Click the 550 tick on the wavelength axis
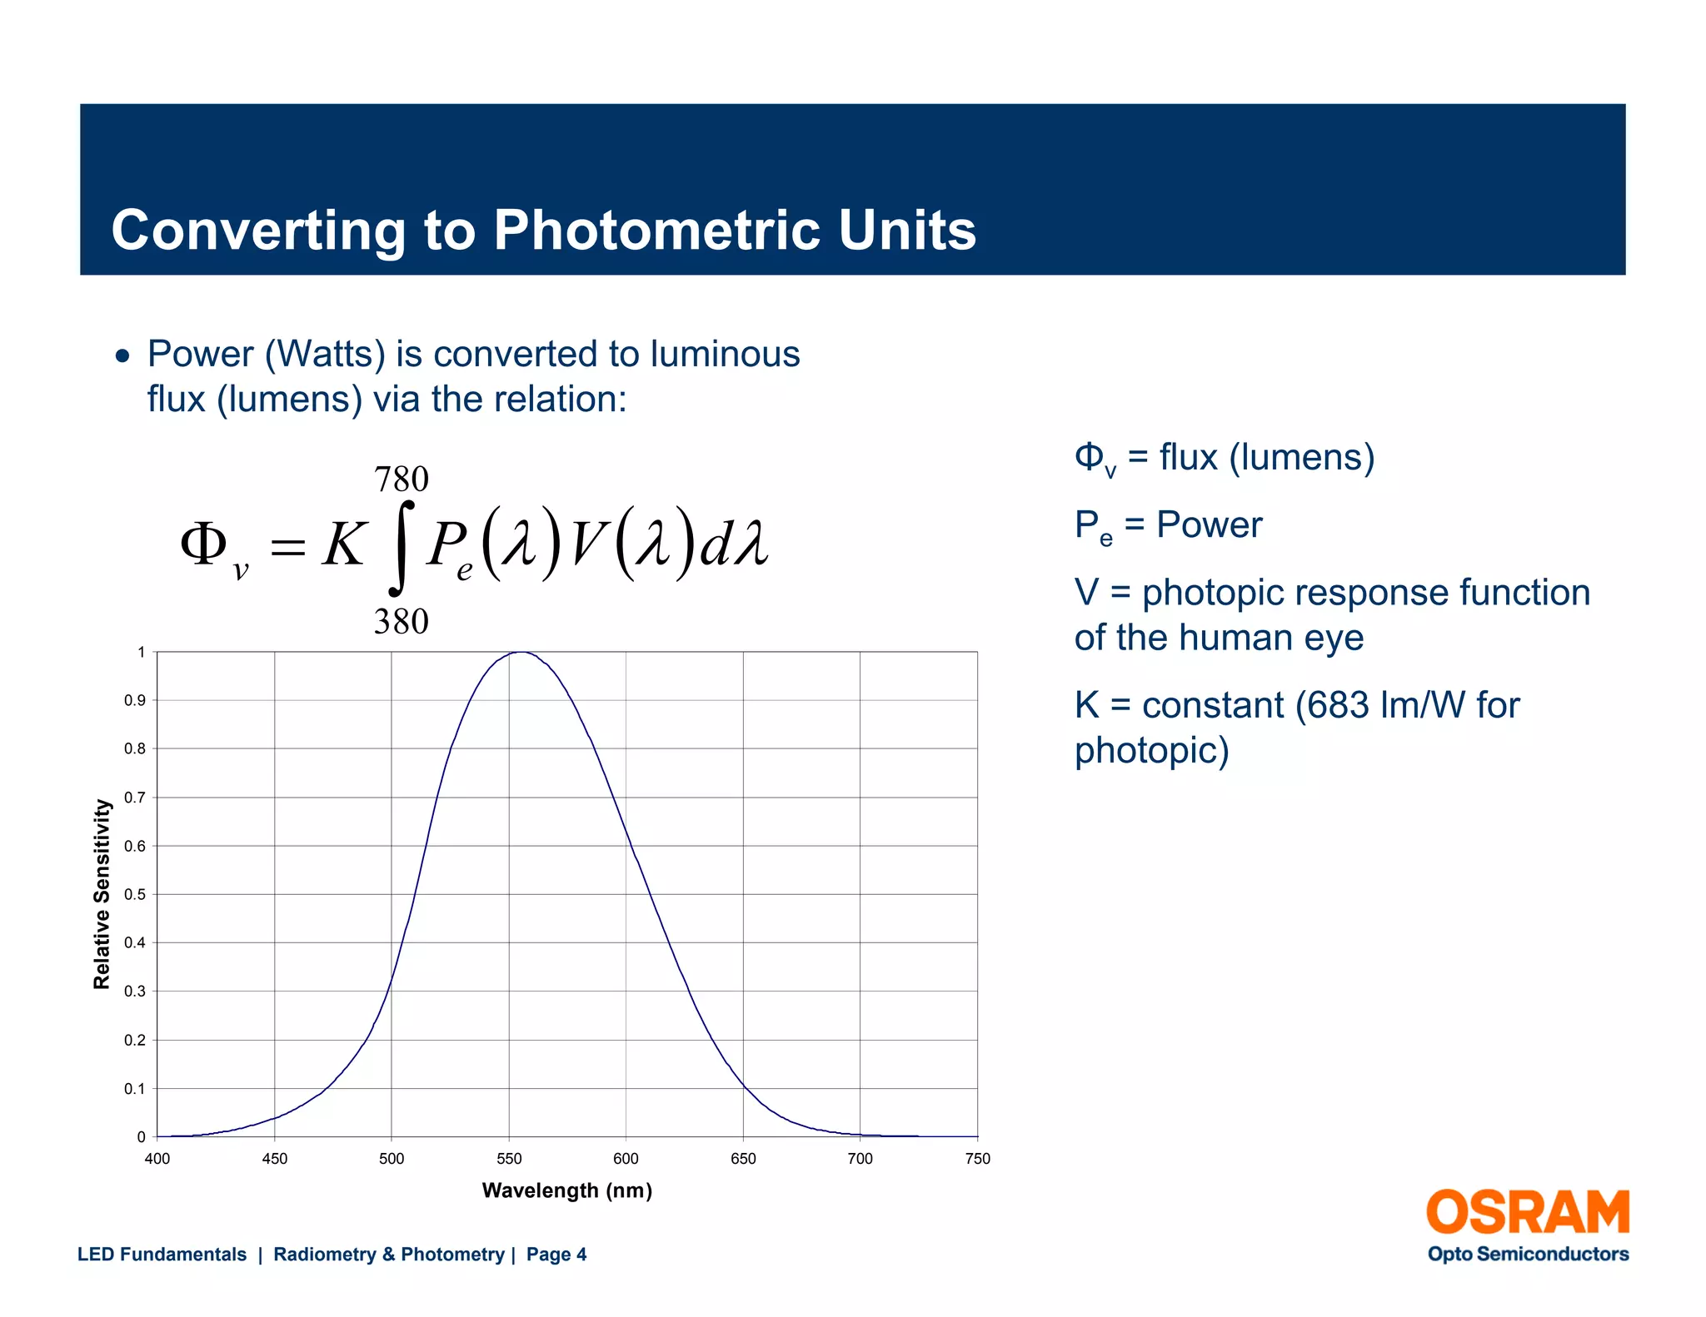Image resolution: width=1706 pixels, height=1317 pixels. coord(509,1159)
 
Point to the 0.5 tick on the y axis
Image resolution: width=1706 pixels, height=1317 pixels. coord(134,895)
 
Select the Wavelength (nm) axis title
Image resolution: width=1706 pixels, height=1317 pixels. coord(567,1190)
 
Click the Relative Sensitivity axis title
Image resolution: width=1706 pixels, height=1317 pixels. coord(102,894)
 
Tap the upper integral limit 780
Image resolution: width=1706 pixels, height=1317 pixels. coord(402,480)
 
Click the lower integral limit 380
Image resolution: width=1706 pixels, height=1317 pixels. coord(402,622)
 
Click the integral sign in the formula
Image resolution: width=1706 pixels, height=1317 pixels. coord(402,548)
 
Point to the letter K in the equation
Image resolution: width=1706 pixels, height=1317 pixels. coord(344,545)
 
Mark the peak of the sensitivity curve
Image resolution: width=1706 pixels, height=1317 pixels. coord(521,653)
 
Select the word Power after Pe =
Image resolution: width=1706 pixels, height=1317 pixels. coord(1210,525)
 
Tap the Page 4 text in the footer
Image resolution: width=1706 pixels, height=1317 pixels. coord(556,1255)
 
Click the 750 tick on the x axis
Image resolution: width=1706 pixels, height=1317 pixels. coord(978,1159)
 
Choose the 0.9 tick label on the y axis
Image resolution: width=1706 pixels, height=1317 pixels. coord(134,701)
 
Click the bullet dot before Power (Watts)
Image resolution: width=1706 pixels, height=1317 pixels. coord(123,356)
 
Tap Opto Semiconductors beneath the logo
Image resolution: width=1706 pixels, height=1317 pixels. coord(1528,1255)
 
